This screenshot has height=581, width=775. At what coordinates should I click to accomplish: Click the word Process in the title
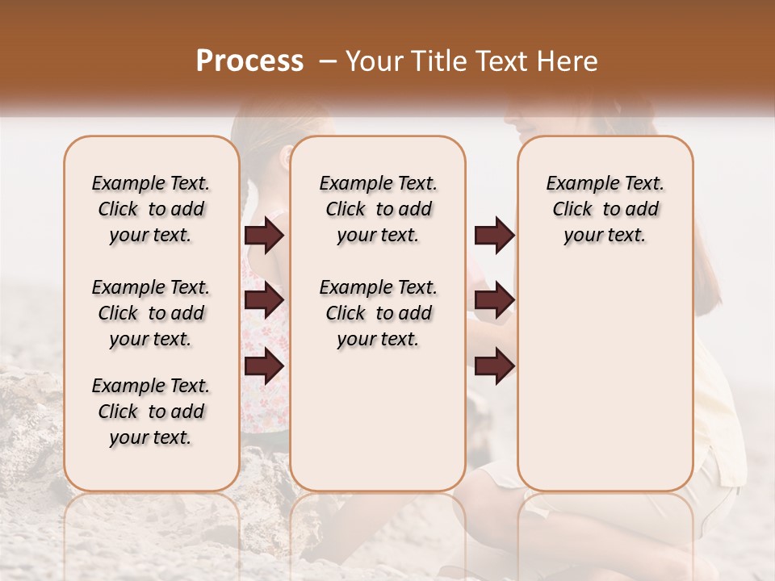[x=249, y=61]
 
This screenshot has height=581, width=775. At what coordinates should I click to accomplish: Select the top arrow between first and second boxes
[x=264, y=236]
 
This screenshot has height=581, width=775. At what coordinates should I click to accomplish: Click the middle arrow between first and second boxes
[x=264, y=300]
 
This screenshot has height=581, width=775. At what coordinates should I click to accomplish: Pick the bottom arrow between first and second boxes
[x=264, y=366]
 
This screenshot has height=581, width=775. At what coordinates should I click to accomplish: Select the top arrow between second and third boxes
[x=494, y=236]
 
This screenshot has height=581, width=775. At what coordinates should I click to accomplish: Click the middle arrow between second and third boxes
[x=494, y=300]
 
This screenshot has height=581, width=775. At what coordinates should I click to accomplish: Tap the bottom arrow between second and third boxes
[x=494, y=366]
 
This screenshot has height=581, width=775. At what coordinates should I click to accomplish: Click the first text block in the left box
[x=151, y=209]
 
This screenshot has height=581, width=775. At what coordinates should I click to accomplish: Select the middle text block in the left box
[x=151, y=313]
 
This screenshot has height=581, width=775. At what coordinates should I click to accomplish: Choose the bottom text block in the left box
[x=151, y=412]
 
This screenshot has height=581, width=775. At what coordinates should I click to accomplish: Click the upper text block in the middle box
[x=379, y=209]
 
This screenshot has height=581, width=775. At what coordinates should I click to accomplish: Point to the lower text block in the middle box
[x=379, y=313]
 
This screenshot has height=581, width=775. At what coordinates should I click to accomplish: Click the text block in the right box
[x=605, y=209]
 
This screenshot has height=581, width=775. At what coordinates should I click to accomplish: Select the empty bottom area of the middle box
[x=378, y=428]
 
